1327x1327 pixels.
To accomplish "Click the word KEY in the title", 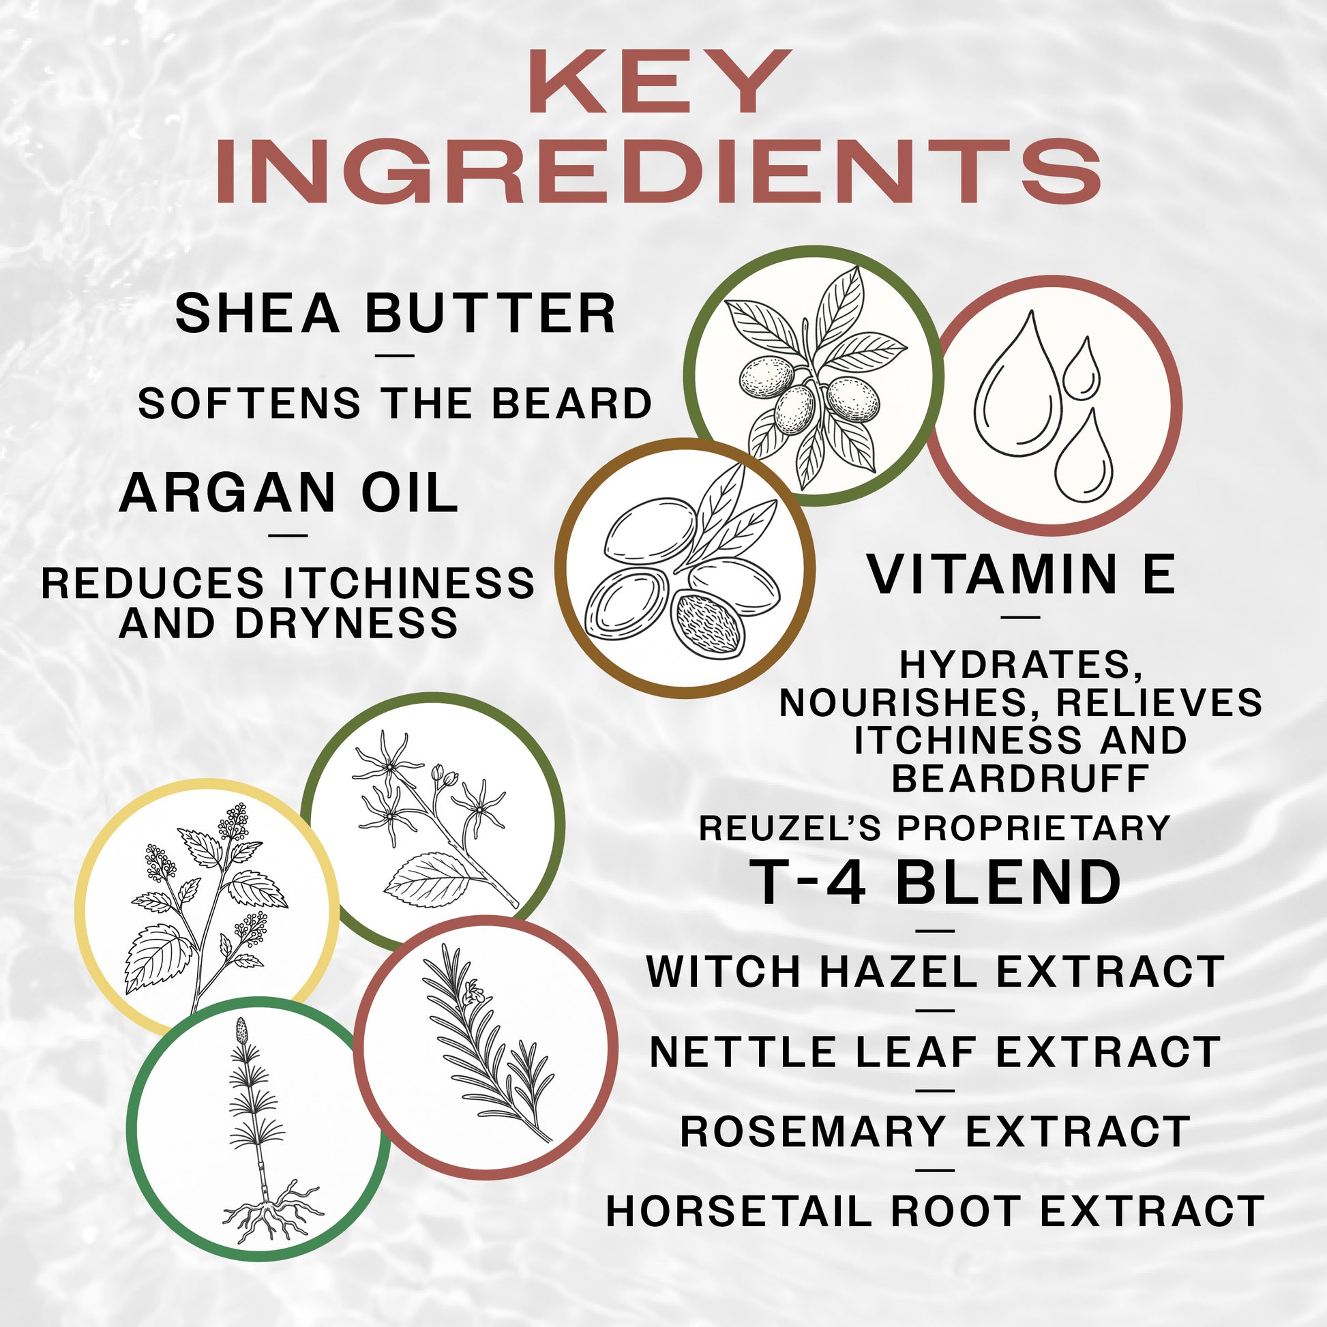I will click(659, 83).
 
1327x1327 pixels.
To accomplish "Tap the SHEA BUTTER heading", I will click(395, 314).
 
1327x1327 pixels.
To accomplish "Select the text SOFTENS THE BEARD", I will click(395, 403).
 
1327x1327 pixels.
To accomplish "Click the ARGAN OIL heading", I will click(288, 493).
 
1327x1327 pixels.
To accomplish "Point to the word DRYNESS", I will click(346, 623).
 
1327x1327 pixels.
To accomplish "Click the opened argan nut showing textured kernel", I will click(707, 625).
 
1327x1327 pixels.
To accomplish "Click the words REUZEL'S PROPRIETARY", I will click(934, 828).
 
